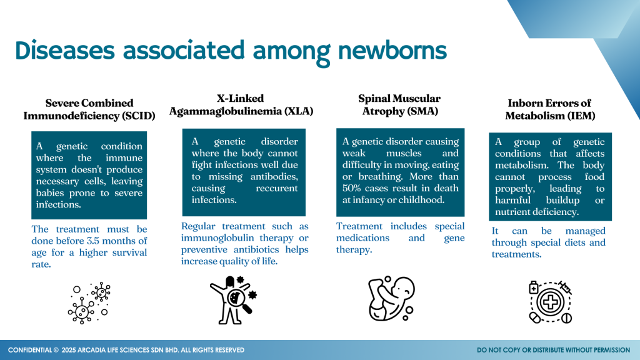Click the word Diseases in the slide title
click(65, 51)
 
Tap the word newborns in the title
click(392, 51)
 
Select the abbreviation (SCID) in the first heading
click(139, 116)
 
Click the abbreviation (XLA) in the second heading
click(299, 111)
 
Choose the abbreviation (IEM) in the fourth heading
click(579, 116)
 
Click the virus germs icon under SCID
click(89, 302)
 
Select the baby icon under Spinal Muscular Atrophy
click(391, 298)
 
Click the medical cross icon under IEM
click(550, 302)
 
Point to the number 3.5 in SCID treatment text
click(94, 241)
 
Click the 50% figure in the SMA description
click(351, 188)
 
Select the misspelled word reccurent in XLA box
click(277, 188)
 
